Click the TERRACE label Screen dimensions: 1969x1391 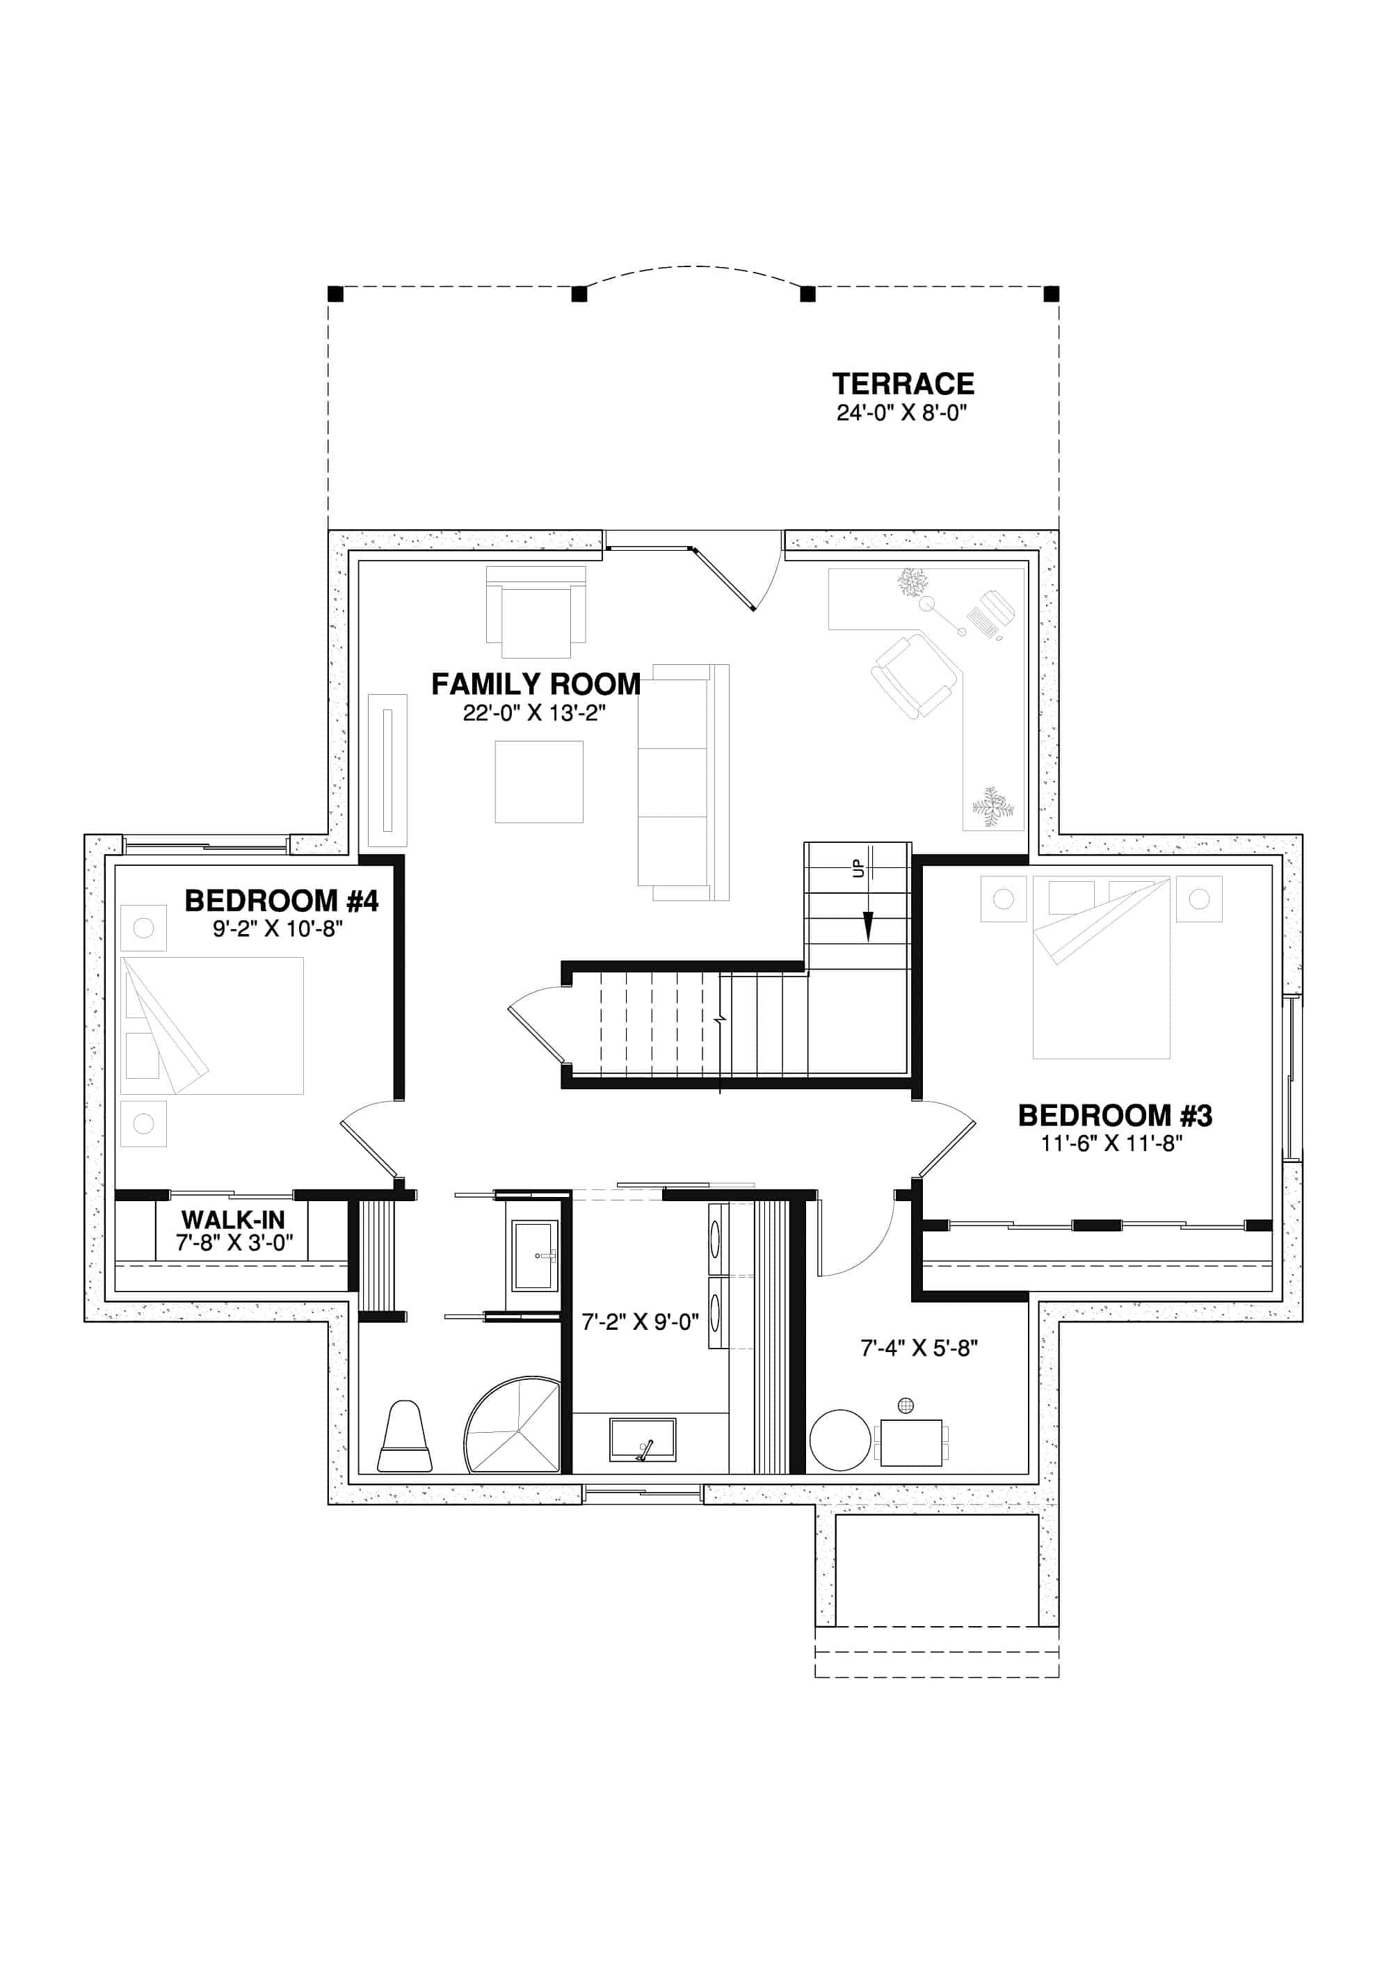pyautogui.click(x=902, y=383)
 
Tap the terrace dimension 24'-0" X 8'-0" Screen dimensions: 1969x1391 pyautogui.click(x=901, y=412)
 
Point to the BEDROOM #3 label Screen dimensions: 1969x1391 pyautogui.click(x=1114, y=1115)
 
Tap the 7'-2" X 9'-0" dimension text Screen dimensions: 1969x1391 pyautogui.click(x=640, y=1321)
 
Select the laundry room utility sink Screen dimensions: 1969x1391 pyautogui.click(x=643, y=1440)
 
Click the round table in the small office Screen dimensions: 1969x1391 pyautogui.click(x=839, y=1440)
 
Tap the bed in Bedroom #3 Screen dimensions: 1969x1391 pyautogui.click(x=1100, y=967)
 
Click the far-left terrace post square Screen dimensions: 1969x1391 pyautogui.click(x=335, y=294)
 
